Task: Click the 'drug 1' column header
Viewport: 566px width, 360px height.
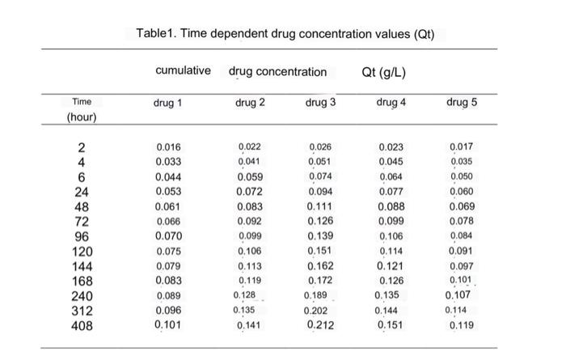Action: point(168,103)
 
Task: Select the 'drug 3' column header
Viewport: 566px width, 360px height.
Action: point(321,103)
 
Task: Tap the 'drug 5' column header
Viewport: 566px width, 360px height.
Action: point(462,103)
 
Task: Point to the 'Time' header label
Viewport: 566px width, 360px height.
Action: point(82,102)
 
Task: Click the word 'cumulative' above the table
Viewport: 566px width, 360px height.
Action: point(183,71)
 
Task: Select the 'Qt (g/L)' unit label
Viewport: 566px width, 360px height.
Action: point(383,72)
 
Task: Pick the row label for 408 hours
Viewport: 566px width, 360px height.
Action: point(82,326)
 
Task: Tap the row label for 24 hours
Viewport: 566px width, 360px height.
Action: point(82,192)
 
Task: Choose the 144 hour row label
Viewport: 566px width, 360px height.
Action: point(82,266)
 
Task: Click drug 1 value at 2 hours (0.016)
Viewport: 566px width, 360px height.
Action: point(168,147)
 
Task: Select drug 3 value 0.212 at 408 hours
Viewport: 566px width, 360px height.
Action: point(321,326)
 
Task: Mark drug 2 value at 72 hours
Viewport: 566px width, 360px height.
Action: point(249,222)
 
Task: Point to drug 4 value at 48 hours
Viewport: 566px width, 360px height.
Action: point(391,207)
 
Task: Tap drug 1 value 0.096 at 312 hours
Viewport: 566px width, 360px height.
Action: point(168,311)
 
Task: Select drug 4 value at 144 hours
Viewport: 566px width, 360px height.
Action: point(391,266)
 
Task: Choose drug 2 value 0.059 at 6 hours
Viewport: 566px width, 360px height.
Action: point(249,177)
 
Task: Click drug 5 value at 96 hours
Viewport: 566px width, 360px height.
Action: point(462,236)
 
